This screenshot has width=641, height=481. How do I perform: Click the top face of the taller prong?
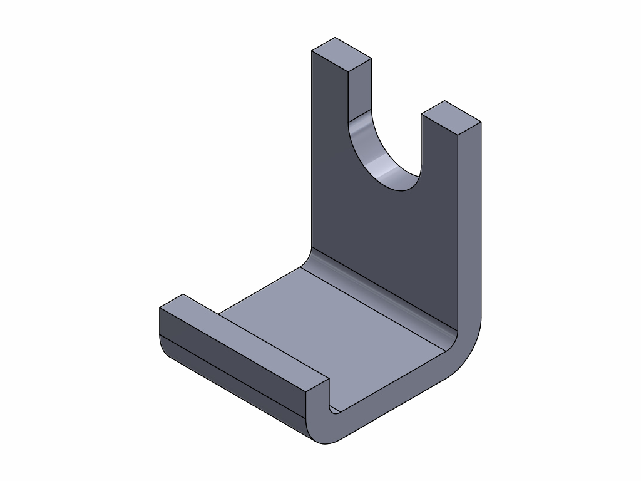[x=342, y=53]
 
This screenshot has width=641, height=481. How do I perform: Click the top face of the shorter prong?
[x=451, y=117]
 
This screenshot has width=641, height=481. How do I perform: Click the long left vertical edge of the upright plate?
[x=312, y=157]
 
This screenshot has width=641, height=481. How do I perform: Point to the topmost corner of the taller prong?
[x=336, y=38]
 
